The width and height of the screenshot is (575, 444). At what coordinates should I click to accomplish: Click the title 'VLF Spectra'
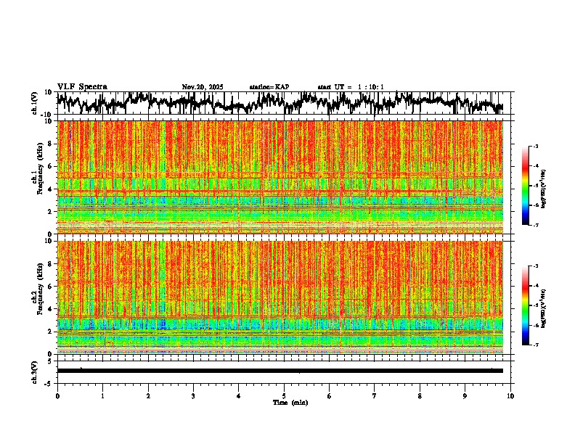click(82, 87)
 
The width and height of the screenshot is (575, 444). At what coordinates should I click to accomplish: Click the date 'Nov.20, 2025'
click(203, 87)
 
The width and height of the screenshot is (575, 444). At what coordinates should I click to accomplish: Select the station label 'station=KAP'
click(269, 87)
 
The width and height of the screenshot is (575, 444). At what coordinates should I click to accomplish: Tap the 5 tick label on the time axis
click(284, 396)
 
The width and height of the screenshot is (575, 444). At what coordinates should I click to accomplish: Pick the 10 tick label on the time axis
click(510, 396)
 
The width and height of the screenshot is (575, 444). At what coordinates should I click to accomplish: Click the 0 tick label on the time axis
click(57, 396)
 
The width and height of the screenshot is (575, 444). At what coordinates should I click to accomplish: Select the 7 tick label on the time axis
click(375, 396)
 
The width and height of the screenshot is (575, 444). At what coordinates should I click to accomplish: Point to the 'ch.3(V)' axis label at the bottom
click(34, 371)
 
